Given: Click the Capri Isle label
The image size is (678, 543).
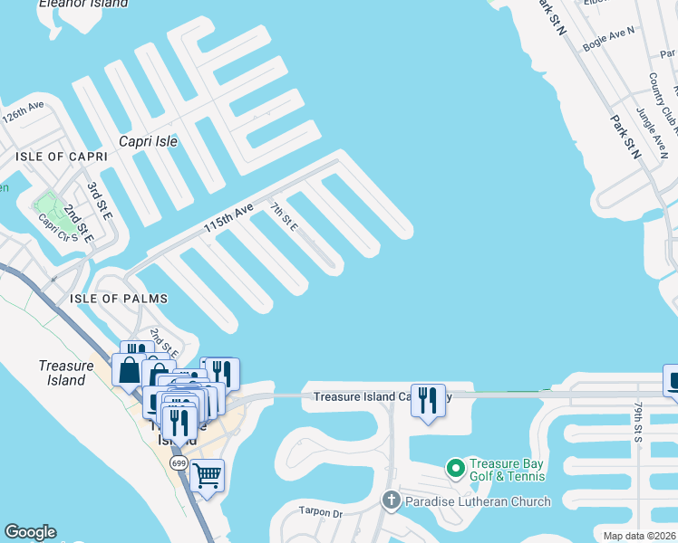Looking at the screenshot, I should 149,141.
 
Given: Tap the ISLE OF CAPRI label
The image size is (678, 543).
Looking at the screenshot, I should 62,157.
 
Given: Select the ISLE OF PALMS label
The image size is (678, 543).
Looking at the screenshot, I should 108,299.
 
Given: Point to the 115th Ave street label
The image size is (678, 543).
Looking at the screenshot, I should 228,219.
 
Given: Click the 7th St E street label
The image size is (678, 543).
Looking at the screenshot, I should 284,217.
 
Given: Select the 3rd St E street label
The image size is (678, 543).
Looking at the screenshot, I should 99,201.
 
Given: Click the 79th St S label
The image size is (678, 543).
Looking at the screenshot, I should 639,422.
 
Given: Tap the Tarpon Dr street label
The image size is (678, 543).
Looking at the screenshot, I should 323,512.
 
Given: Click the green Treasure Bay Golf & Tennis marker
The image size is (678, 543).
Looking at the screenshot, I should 456,469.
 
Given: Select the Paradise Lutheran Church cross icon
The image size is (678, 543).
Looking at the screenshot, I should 391,500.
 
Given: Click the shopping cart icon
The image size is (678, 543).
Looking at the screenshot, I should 208,473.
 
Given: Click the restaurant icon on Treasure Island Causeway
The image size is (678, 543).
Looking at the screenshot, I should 428,399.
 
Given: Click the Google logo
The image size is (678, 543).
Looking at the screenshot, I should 30,532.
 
